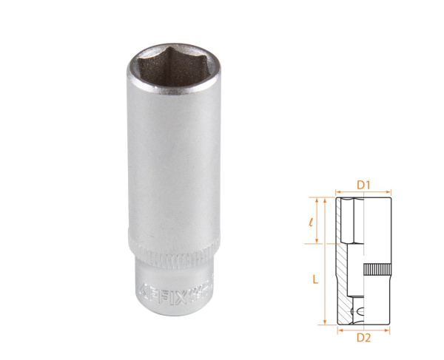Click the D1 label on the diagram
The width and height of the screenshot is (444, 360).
click(363, 180)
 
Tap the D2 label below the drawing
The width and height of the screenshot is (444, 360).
click(363, 338)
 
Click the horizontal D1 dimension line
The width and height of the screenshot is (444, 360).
click(363, 190)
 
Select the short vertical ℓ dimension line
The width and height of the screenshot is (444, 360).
click(319, 220)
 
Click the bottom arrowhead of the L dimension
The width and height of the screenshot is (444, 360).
click(323, 322)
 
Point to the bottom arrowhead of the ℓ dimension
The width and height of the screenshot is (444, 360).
click(319, 242)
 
